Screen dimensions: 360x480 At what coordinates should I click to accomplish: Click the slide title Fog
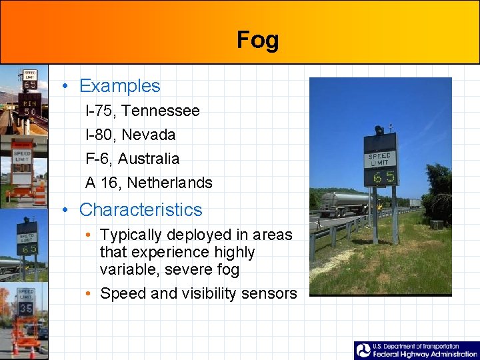tap(257, 40)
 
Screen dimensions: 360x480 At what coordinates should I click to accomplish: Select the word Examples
tap(119, 86)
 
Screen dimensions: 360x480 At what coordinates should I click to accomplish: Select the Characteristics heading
tap(140, 209)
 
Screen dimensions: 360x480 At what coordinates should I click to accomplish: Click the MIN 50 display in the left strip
tap(30, 107)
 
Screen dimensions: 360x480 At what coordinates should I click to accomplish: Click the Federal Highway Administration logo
tap(416, 351)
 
